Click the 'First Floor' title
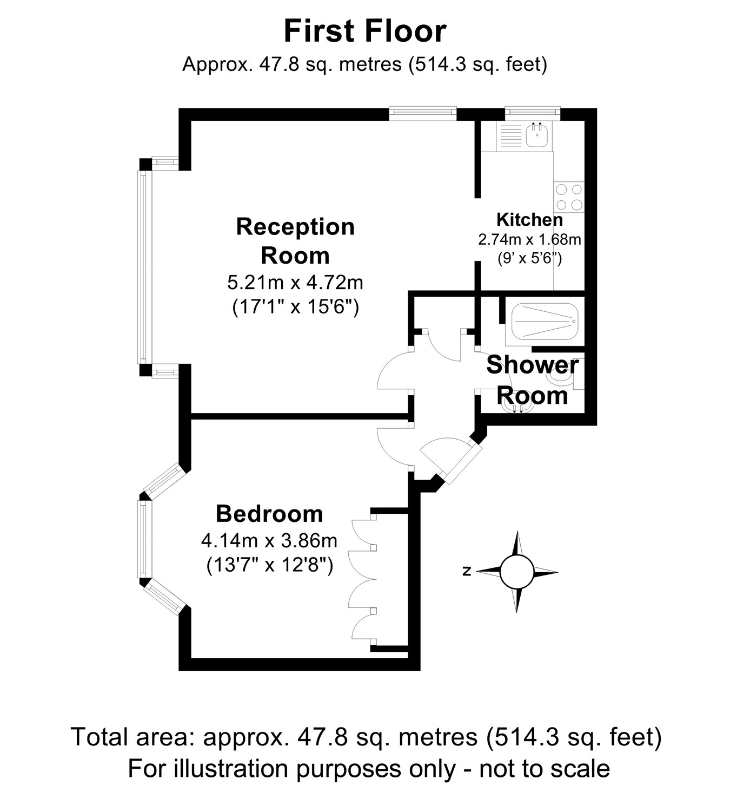365,31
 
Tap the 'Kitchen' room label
529,219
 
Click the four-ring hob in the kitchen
569,197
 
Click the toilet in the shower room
566,373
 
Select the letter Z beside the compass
467,571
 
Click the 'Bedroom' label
269,514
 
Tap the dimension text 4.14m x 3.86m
269,541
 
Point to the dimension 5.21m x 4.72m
295,283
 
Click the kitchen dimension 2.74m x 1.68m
529,240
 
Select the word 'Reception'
295,227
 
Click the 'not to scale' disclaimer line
369,769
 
